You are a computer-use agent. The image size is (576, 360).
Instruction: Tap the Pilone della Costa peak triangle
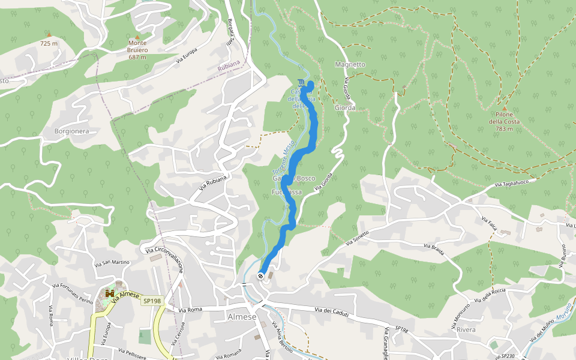pos(505,109)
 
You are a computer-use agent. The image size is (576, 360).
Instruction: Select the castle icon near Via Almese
pos(110,293)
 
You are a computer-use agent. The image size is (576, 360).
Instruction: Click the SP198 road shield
pos(152,300)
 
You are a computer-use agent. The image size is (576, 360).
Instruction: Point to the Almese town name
pos(242,317)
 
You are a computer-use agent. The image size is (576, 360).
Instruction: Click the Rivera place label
pos(466,330)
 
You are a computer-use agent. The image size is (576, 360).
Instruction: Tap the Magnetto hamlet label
pos(350,64)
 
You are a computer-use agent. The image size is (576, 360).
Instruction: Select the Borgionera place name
pos(71,131)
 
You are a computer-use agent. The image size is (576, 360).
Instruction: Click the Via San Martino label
pos(112,262)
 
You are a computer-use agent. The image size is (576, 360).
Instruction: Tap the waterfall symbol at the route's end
pos(301,82)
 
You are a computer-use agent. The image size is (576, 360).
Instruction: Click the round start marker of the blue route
pos(260,276)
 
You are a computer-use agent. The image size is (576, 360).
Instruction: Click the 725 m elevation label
pos(49,43)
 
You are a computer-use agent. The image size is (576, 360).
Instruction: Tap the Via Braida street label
pos(434,250)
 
